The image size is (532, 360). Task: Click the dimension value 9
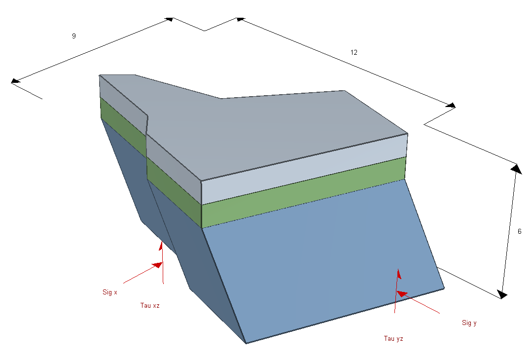pyautogui.click(x=73, y=36)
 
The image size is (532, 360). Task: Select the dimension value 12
pyautogui.click(x=354, y=52)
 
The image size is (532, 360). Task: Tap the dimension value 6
pyautogui.click(x=520, y=231)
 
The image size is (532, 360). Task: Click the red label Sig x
pyautogui.click(x=110, y=292)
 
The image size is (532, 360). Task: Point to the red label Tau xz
pyautogui.click(x=150, y=305)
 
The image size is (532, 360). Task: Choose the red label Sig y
pyautogui.click(x=469, y=323)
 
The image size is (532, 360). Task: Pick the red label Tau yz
pyautogui.click(x=393, y=338)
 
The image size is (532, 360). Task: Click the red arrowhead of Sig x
pyautogui.click(x=157, y=265)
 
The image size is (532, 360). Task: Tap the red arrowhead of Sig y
pyautogui.click(x=402, y=293)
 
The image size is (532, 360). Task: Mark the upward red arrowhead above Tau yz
pyautogui.click(x=399, y=274)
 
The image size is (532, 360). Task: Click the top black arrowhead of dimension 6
pyautogui.click(x=517, y=169)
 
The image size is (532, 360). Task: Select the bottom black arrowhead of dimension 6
pyautogui.click(x=502, y=294)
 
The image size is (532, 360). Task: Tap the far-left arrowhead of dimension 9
pyautogui.click(x=16, y=81)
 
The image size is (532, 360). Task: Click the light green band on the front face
pyautogui.click(x=304, y=192)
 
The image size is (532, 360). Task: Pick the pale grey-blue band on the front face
pyautogui.click(x=304, y=169)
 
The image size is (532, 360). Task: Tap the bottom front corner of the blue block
pyautogui.click(x=247, y=343)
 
